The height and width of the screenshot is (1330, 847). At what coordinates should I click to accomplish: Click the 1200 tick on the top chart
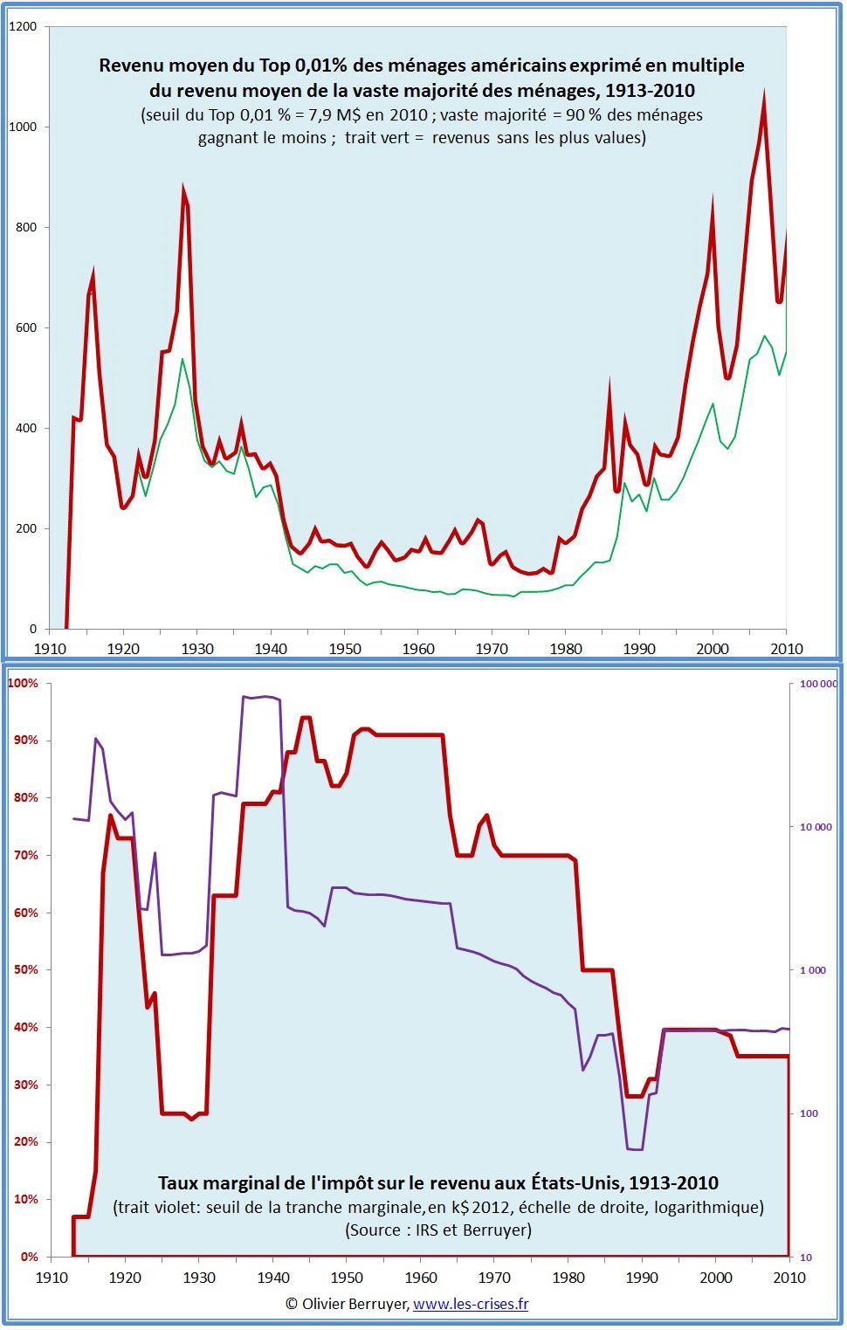(23, 26)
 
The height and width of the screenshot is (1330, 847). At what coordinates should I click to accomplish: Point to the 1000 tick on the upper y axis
(23, 127)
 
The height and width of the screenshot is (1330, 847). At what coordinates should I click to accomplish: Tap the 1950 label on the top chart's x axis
(345, 649)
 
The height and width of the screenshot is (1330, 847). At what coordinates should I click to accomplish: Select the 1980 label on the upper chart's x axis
(566, 649)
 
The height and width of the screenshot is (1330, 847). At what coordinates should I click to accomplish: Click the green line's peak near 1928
(182, 359)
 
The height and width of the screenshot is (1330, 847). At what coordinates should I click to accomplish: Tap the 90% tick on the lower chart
(25, 741)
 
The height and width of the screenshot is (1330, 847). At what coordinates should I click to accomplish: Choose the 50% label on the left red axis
(25, 970)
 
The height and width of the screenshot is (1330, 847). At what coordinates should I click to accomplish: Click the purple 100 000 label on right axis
(817, 685)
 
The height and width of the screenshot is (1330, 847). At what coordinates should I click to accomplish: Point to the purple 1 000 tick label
(813, 970)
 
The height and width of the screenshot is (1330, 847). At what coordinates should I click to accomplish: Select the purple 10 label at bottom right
(806, 1258)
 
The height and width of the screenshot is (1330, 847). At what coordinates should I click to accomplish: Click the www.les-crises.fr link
(471, 1304)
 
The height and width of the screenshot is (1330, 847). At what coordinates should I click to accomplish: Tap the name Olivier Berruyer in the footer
(355, 1304)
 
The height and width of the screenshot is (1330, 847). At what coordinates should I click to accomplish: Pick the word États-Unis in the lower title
(576, 1183)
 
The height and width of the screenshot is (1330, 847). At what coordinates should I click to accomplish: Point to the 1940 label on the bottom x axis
(273, 1278)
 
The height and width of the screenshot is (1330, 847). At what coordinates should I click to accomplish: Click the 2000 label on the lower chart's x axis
(716, 1278)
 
